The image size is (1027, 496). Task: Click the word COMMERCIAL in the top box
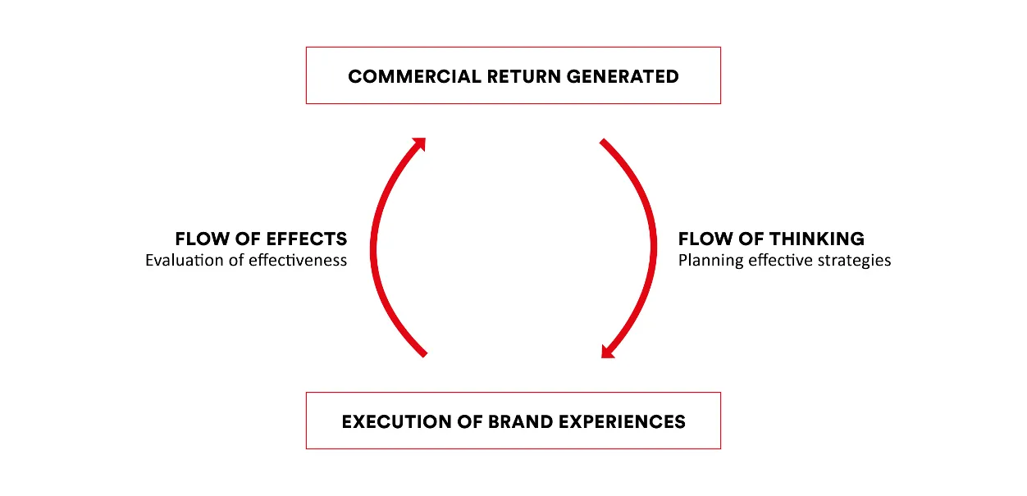[x=414, y=76]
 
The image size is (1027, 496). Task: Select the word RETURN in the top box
[x=524, y=76]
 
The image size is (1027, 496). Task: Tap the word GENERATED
[x=623, y=76]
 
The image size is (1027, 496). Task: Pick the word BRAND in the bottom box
[x=520, y=421]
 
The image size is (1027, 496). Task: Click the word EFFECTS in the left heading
[x=306, y=239]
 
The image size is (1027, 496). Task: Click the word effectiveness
[x=298, y=261]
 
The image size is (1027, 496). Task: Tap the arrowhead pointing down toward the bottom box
[x=608, y=352]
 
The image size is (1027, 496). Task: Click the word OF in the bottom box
[x=470, y=421]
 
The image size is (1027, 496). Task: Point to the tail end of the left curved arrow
[x=425, y=355]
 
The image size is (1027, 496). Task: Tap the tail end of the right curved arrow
[x=602, y=141]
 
